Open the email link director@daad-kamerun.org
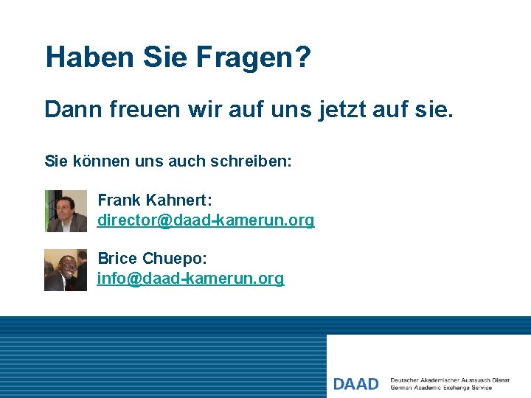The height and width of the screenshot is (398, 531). pyautogui.click(x=206, y=220)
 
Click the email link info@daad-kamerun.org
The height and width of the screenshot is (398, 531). pyautogui.click(x=190, y=279)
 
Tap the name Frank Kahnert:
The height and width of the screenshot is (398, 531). pyautogui.click(x=154, y=200)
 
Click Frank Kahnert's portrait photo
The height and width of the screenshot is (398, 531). pyautogui.click(x=66, y=211)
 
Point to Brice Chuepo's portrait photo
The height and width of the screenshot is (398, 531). pyautogui.click(x=66, y=270)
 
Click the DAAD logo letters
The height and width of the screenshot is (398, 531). pyautogui.click(x=355, y=384)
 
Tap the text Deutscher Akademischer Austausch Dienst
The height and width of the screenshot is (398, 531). pyautogui.click(x=450, y=380)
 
